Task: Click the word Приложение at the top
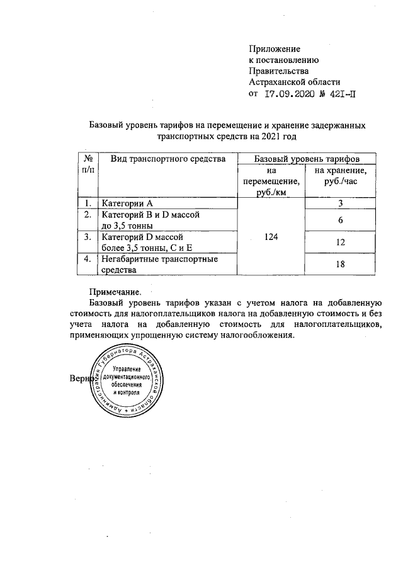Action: [x=275, y=48]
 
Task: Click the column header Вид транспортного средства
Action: [x=168, y=159]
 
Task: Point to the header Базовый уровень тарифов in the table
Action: [x=307, y=159]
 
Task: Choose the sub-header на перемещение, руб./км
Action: [x=271, y=182]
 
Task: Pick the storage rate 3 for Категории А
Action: [x=340, y=203]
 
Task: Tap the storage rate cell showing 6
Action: [x=340, y=220]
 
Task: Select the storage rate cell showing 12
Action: [x=340, y=242]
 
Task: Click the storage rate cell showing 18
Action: [x=340, y=265]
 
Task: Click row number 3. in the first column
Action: [x=88, y=237]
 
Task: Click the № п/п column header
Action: [x=89, y=165]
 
